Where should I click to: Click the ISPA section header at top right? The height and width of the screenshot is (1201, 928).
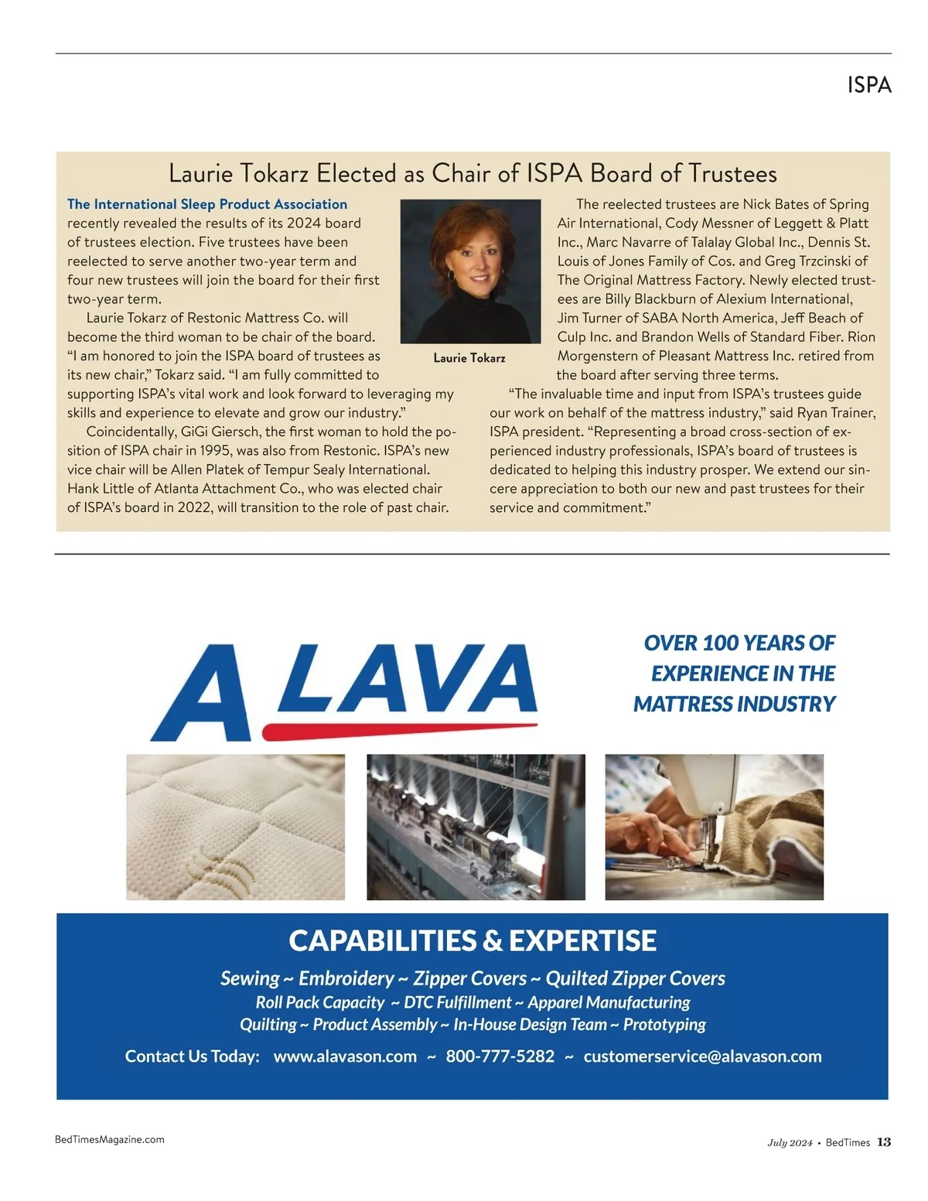tap(869, 85)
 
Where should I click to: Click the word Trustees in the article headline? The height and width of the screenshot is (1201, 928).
tap(732, 173)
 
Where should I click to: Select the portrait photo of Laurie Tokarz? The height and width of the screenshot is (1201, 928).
tap(470, 271)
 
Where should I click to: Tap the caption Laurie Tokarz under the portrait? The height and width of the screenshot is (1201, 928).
tap(469, 358)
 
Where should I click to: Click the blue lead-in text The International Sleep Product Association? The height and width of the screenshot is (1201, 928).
tap(207, 204)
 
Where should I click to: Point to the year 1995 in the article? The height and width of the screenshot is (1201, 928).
tap(217, 451)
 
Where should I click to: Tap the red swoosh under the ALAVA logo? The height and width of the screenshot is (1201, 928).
tap(400, 728)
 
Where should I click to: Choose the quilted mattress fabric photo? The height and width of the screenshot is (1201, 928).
tap(235, 827)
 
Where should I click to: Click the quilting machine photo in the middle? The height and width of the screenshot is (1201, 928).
tap(476, 827)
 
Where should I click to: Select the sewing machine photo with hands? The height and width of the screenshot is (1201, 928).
tap(714, 827)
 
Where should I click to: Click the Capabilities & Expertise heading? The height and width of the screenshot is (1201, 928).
tap(473, 940)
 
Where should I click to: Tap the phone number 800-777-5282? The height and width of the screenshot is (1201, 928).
tap(500, 1056)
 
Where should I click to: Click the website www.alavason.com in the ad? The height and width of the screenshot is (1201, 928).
tap(345, 1056)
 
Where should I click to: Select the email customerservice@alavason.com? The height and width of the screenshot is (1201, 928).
tap(702, 1056)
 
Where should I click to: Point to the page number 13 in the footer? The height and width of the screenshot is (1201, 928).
tap(884, 1142)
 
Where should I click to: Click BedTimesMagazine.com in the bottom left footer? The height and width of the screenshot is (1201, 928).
tap(110, 1139)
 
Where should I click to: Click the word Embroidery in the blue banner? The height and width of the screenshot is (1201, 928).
tap(346, 978)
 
